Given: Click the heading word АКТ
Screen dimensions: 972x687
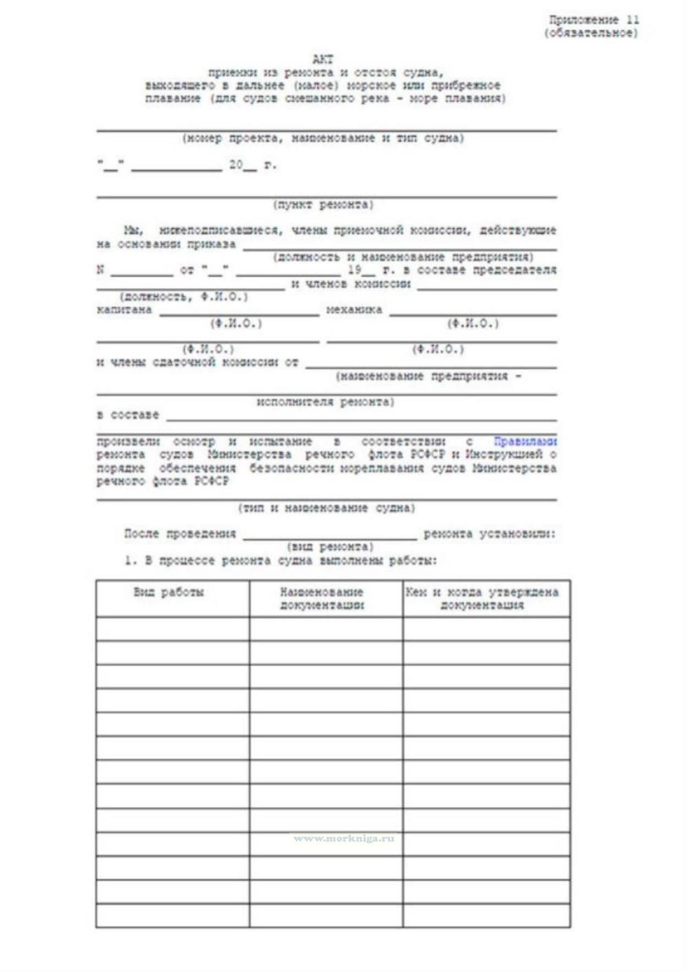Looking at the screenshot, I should tap(323, 59).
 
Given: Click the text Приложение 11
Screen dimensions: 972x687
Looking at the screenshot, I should tap(594, 20).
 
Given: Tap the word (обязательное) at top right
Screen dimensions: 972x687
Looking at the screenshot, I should tap(591, 33).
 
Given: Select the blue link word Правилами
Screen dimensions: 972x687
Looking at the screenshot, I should tap(525, 441).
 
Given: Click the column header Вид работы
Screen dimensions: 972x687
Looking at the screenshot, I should tap(169, 592).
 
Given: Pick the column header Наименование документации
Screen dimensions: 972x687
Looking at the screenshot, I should tap(322, 599).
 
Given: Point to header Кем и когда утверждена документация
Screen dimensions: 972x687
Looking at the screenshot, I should tap(482, 599).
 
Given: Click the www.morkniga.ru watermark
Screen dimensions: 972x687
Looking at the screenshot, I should tap(344, 838).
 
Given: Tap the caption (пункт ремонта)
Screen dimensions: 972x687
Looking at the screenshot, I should tap(323, 205).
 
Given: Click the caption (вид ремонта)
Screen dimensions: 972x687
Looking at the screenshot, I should tap(330, 547).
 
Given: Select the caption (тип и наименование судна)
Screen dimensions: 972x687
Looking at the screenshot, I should tap(327, 508).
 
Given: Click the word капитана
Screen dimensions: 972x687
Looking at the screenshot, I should tap(124, 310).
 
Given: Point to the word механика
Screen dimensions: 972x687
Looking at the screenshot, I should tap(354, 310).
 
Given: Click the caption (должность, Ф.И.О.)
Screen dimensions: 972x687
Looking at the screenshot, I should tap(184, 297).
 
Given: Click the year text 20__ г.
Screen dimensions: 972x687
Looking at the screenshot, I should tap(252, 165).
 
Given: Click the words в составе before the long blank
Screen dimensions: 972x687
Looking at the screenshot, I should tap(128, 415).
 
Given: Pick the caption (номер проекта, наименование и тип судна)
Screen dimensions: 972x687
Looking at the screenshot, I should tap(323, 138).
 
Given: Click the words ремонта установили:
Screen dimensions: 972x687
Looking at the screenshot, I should tap(490, 534).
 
